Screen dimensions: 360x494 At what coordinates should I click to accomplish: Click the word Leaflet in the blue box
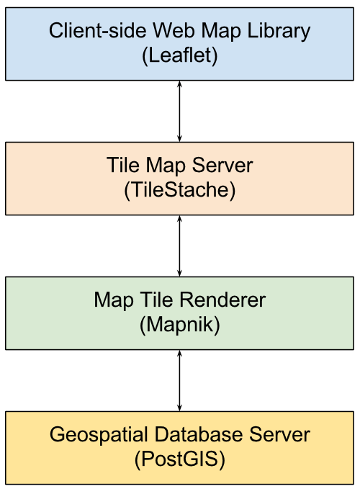(179, 55)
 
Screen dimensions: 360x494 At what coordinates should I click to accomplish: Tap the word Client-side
(98, 31)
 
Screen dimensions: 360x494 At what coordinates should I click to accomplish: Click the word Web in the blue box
(174, 31)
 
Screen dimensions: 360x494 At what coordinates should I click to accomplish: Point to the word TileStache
(179, 189)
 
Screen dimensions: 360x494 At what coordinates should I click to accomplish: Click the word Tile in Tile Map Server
(123, 165)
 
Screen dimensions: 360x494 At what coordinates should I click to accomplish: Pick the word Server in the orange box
(222, 165)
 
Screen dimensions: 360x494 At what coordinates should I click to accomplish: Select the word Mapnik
(180, 325)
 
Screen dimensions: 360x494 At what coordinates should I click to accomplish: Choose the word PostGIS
(180, 459)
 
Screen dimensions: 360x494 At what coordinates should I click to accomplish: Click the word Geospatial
(99, 434)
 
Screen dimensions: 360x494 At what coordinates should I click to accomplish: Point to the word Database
(199, 434)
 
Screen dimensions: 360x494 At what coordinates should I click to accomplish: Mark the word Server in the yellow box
(279, 434)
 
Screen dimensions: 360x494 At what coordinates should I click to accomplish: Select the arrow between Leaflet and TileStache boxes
(179, 111)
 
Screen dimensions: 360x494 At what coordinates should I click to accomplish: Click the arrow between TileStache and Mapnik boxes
(179, 246)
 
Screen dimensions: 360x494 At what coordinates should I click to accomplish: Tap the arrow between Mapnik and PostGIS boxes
(179, 380)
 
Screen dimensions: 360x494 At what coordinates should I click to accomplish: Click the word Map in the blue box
(221, 32)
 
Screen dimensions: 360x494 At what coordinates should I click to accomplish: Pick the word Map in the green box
(114, 300)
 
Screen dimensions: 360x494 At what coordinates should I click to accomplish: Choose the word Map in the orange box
(166, 166)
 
